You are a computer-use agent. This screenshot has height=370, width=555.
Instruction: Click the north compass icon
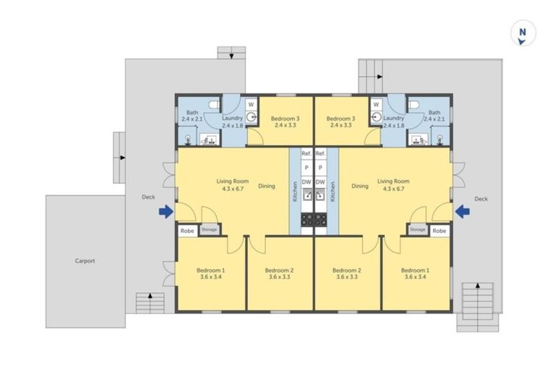522,33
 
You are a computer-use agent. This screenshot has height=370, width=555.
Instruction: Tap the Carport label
85,261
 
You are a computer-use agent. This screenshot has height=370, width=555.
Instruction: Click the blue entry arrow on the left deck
166,212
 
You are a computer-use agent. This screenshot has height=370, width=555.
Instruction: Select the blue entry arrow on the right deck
462,212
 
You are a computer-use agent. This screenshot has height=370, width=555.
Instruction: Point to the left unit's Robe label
187,231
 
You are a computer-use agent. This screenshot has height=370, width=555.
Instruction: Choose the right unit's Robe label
439,231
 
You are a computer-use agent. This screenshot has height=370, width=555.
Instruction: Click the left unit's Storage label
209,229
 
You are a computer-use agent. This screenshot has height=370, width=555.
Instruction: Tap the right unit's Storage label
418,229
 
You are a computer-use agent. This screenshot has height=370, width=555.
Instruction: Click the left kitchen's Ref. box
306,154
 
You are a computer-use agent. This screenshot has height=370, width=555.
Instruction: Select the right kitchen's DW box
320,182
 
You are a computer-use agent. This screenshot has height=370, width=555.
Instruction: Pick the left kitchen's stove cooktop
307,220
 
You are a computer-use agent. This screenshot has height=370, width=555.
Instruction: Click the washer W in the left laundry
251,105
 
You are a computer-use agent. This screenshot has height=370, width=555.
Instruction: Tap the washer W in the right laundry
377,105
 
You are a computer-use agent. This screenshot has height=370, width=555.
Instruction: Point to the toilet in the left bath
215,105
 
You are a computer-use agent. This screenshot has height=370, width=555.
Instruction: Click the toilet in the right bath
413,105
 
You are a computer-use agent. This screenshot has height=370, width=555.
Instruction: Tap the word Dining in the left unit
267,186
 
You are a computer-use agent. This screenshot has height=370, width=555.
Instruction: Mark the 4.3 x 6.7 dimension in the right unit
394,189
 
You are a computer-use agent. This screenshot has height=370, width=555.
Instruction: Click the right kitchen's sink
320,194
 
